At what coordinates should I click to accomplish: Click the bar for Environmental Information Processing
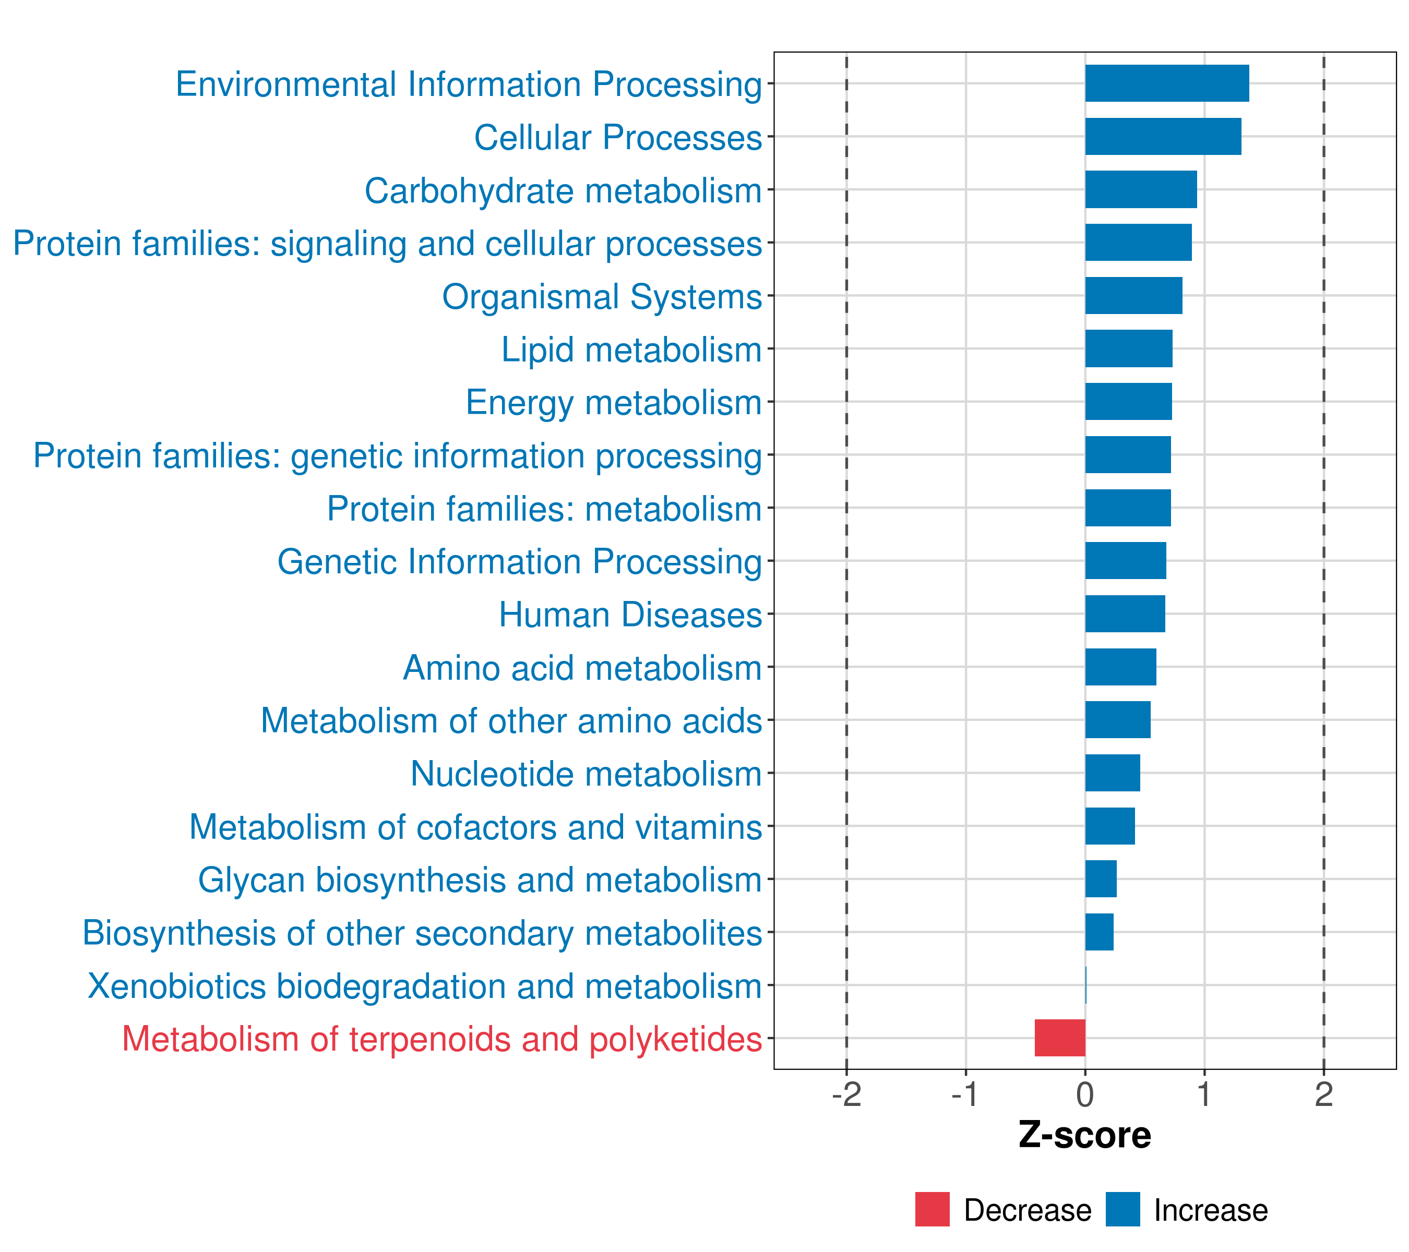pyautogui.click(x=1166, y=83)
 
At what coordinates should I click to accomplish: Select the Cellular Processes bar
pyautogui.click(x=1163, y=137)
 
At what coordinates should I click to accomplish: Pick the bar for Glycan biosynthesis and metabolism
pyautogui.click(x=1101, y=878)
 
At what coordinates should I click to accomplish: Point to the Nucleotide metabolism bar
pyautogui.click(x=1113, y=773)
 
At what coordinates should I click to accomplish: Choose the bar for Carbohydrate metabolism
pyautogui.click(x=1141, y=189)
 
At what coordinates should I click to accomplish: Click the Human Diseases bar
pyautogui.click(x=1125, y=613)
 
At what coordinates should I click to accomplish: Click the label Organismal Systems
pyautogui.click(x=602, y=297)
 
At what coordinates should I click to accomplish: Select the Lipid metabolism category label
pyautogui.click(x=631, y=350)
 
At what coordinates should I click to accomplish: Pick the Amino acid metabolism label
pyautogui.click(x=582, y=668)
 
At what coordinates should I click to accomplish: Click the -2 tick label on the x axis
pyautogui.click(x=846, y=1094)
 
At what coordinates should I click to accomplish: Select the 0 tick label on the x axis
pyautogui.click(x=1085, y=1094)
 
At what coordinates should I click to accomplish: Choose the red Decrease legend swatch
pyautogui.click(x=932, y=1209)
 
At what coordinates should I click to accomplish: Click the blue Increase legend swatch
pyautogui.click(x=1122, y=1209)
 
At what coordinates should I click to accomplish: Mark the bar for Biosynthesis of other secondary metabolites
pyautogui.click(x=1100, y=932)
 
